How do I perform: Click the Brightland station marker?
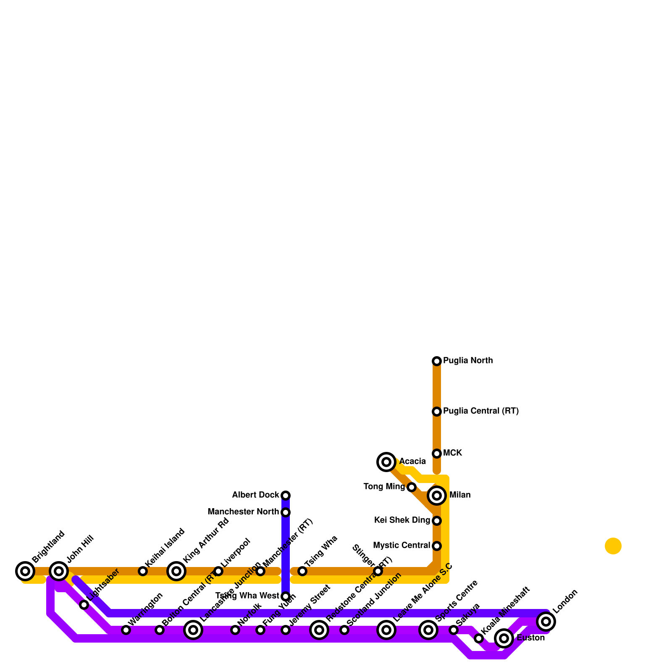coord(25,571)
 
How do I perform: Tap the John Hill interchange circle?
coord(59,571)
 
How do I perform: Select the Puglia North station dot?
coord(437,361)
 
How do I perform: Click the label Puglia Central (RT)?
coord(481,411)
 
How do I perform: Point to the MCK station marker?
coord(437,454)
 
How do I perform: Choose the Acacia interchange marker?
coord(386,462)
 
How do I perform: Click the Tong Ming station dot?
coord(412,487)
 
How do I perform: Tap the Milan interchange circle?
coord(437,496)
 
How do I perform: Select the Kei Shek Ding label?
coord(402,520)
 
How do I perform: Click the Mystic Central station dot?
coord(437,546)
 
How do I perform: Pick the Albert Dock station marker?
coord(286,496)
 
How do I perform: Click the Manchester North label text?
coord(243,512)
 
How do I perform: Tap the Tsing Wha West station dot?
coord(286,596)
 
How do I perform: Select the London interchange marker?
coord(546,622)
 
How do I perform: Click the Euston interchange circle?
coord(504,638)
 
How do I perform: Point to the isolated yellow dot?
coord(613,546)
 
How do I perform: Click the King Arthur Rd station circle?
coord(176,571)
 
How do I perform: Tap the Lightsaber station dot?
coord(84,605)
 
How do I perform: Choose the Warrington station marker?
coord(126,630)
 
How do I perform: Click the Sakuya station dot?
coord(454,630)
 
